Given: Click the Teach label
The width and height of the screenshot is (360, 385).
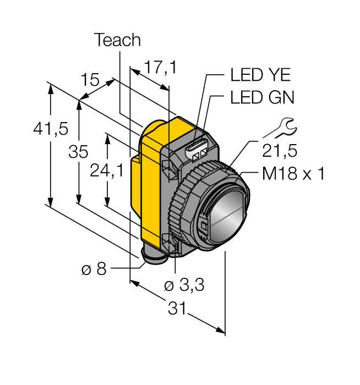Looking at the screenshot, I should point(117,40).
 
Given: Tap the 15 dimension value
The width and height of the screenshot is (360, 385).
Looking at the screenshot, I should point(91,79).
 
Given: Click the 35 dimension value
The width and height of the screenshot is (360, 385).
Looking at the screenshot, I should point(78,152).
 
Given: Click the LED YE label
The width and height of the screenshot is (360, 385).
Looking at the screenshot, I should point(260,75).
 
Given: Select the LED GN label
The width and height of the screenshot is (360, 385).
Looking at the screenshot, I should point(262,98).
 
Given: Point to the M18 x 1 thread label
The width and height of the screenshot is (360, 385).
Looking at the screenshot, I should point(293,174).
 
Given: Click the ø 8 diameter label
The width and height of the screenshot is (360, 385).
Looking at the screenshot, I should point(93,269).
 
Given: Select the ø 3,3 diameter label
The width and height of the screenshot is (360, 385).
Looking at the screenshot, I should point(184,285).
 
